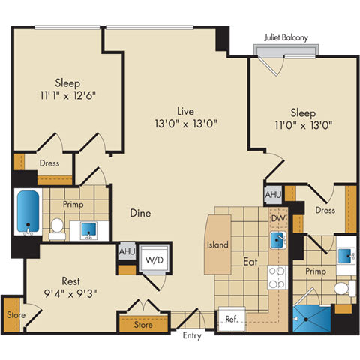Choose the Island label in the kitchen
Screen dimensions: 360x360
[x=217, y=244]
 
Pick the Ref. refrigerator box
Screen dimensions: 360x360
[x=231, y=319]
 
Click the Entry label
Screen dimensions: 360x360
[x=192, y=335]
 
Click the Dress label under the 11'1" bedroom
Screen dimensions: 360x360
[x=49, y=163]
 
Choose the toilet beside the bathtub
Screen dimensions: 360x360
[x=56, y=224]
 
